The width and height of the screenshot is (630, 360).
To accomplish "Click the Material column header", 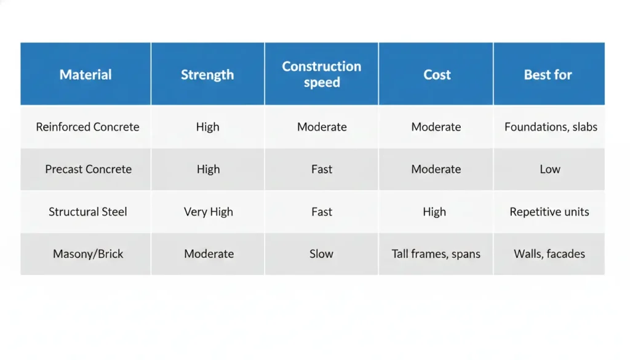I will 86,74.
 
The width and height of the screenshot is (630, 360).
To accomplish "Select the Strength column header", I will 207,74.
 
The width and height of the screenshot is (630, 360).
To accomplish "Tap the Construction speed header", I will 322,74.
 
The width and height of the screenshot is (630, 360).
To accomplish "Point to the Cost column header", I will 437,74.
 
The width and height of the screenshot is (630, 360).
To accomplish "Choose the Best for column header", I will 548,74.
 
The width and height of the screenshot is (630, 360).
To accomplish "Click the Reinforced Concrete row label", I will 87,127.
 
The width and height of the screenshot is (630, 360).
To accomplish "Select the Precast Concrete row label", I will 88,169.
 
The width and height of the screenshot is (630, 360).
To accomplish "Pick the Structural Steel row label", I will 88,212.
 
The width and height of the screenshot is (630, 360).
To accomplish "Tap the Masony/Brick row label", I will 88,254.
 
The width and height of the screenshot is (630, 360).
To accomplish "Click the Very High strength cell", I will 209,212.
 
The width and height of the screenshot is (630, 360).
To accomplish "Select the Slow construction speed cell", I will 322,254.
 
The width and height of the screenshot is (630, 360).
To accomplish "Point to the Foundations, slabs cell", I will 551,127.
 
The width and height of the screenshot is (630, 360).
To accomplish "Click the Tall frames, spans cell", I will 436,254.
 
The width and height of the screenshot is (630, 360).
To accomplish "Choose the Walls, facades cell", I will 549,254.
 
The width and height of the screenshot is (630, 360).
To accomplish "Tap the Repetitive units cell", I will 549,212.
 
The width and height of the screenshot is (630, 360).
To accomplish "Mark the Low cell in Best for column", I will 550,169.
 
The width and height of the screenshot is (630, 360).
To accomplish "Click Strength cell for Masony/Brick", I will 209,254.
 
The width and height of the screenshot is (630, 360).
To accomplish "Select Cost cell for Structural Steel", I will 434,212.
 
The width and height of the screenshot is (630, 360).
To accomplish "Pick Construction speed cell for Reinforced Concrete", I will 322,127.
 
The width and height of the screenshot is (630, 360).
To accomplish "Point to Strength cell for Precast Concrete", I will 209,169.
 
